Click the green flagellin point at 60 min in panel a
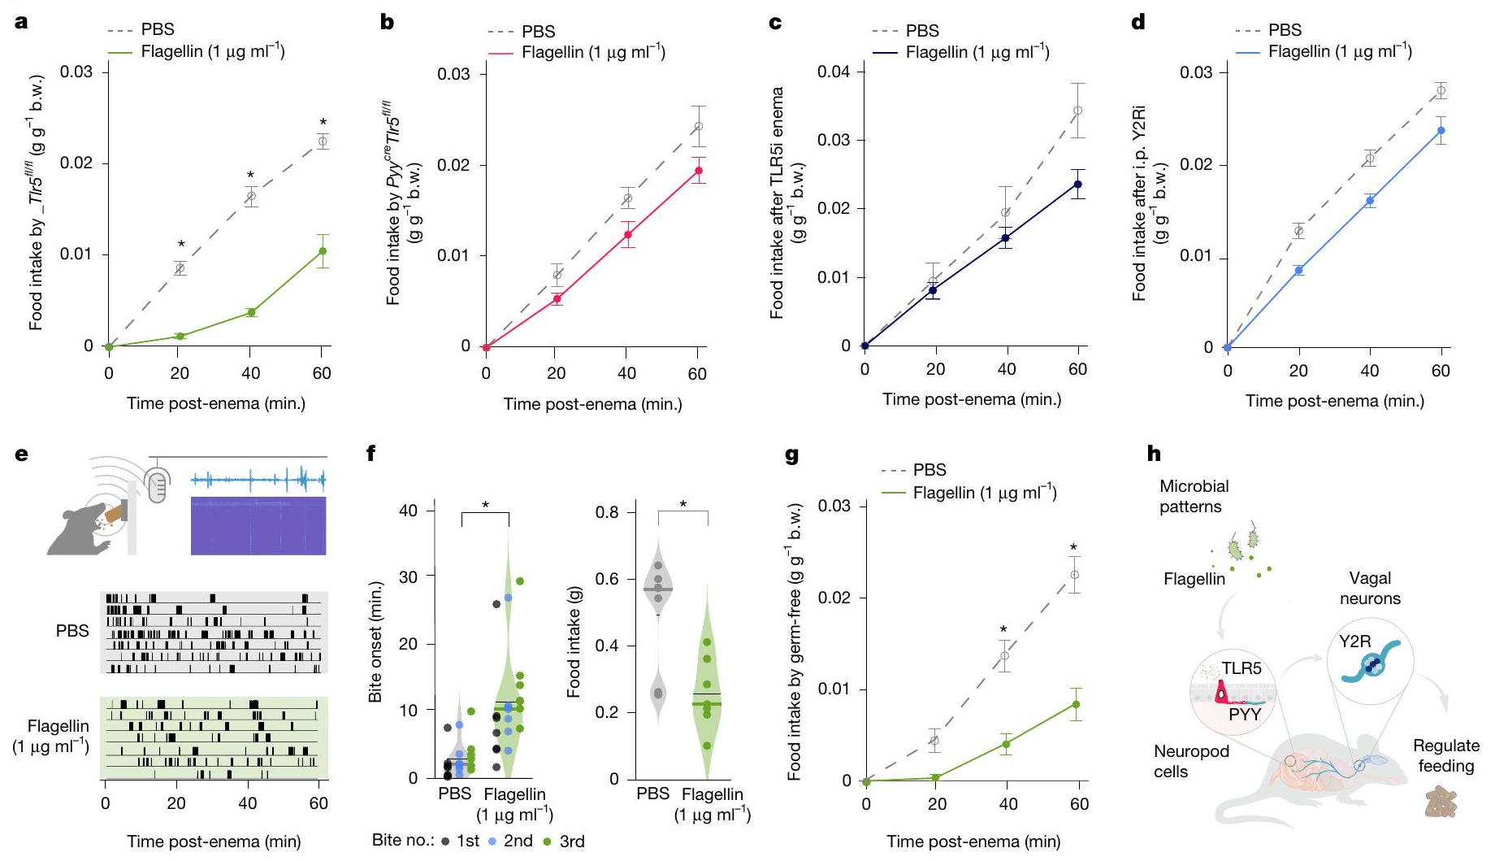[323, 251]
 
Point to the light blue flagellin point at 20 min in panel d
[1299, 270]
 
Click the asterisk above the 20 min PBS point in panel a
[181, 245]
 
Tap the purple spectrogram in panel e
[258, 525]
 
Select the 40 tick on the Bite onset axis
[408, 511]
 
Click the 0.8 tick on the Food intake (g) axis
[607, 512]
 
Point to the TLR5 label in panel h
[1241, 669]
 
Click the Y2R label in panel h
[1354, 641]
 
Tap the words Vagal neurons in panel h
[1370, 589]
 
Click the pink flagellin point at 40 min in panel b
[627, 235]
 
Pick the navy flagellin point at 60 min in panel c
[1077, 185]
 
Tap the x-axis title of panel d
[1334, 401]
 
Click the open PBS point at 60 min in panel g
[1075, 575]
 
